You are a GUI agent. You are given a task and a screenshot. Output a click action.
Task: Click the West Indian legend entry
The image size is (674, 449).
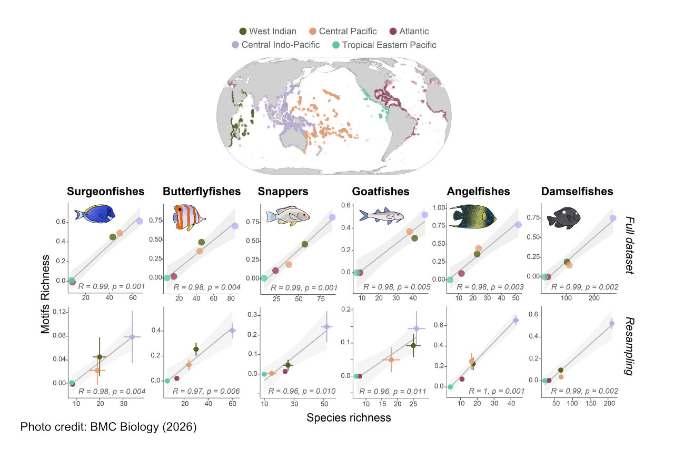click(267, 32)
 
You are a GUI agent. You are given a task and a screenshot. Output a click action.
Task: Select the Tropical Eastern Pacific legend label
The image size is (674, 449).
click(384, 45)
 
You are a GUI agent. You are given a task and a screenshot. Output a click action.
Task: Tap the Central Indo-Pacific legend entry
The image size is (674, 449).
click(275, 45)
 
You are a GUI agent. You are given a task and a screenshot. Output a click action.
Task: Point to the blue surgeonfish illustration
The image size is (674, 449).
click(95, 214)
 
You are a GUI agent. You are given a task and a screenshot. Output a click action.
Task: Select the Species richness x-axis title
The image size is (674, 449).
click(348, 418)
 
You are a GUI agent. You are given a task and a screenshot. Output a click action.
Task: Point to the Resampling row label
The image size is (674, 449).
click(629, 346)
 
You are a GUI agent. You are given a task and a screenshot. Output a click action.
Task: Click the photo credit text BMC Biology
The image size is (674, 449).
click(108, 427)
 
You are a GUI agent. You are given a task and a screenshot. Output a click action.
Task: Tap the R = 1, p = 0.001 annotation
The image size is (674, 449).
click(490, 391)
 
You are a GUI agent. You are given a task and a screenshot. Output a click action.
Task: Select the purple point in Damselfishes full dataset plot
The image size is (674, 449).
click(613, 218)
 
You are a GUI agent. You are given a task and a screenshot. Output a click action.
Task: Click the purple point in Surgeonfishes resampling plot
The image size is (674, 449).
click(132, 337)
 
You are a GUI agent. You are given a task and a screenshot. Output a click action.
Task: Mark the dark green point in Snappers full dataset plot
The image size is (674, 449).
click(305, 244)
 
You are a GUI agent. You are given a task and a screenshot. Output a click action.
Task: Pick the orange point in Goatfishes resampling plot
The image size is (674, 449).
click(391, 360)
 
